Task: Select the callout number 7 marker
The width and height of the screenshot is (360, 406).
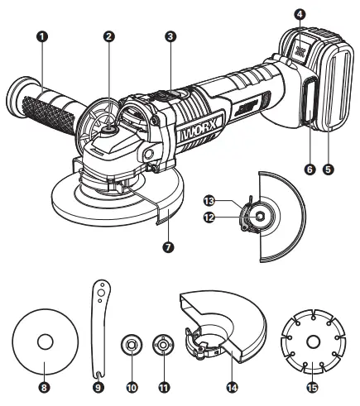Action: coord(168,246)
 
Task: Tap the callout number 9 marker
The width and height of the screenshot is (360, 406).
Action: coord(97,385)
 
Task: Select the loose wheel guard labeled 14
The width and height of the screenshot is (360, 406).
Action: coord(223,331)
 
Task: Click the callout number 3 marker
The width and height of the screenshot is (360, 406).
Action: coord(170,36)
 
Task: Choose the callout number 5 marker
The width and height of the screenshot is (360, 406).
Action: coord(329,169)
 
